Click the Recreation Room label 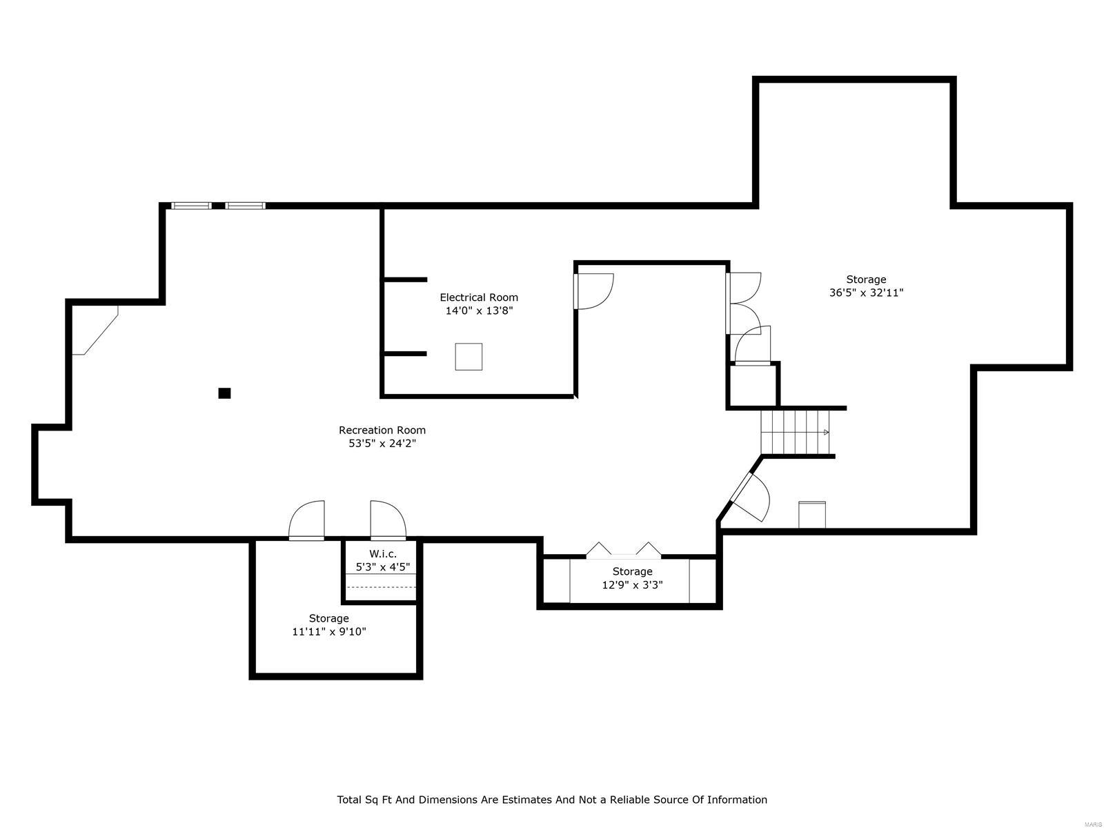[x=382, y=430]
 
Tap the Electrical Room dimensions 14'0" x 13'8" [x=479, y=310]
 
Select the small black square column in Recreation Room [x=224, y=393]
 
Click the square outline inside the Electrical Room [x=469, y=357]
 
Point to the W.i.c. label [x=382, y=553]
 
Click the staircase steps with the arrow [x=796, y=432]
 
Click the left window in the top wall [x=191, y=205]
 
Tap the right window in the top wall [x=245, y=205]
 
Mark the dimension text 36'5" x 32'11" [x=866, y=293]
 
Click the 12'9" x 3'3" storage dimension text [x=632, y=585]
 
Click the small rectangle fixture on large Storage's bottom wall [x=812, y=515]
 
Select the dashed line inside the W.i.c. [x=381, y=587]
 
